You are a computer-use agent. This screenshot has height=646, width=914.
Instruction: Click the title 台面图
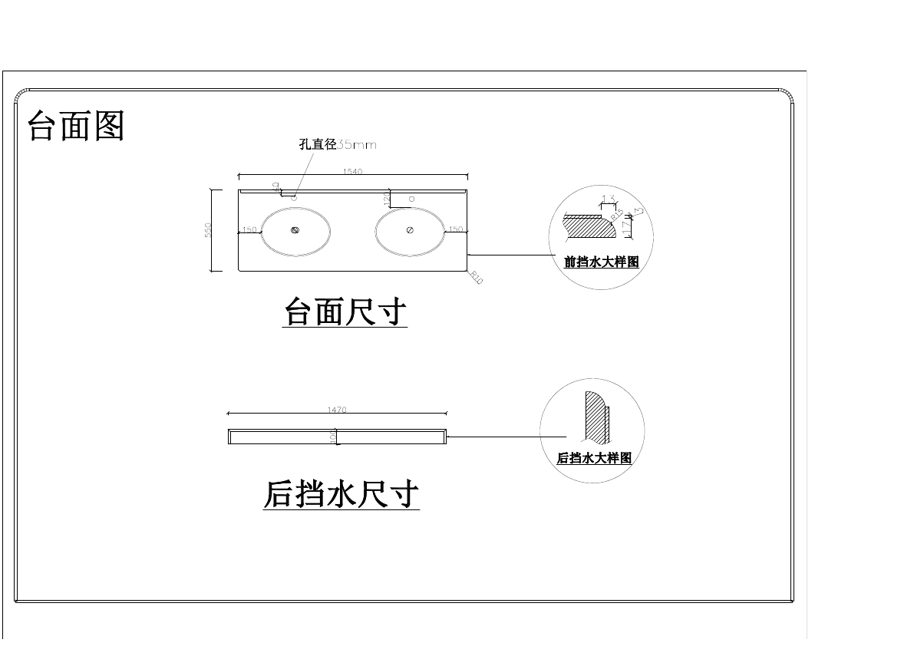(x=75, y=125)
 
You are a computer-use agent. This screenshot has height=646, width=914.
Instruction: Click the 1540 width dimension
(x=352, y=172)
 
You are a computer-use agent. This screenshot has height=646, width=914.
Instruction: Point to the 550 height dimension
(x=208, y=230)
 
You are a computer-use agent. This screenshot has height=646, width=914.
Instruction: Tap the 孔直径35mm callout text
(x=338, y=144)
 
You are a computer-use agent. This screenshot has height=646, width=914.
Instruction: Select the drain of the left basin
(x=295, y=229)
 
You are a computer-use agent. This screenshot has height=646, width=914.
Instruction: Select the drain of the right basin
(x=410, y=229)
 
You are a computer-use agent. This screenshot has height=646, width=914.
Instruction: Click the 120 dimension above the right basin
(x=387, y=198)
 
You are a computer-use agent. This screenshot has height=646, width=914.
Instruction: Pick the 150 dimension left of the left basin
(x=249, y=229)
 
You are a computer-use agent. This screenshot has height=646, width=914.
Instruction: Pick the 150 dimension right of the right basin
(x=456, y=229)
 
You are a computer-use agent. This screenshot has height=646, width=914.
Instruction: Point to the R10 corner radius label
(x=476, y=278)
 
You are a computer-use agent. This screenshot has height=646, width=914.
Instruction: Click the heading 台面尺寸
(x=345, y=312)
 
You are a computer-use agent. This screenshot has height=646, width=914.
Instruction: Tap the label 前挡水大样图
(x=601, y=262)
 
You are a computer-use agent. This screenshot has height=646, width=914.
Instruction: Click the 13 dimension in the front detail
(x=609, y=199)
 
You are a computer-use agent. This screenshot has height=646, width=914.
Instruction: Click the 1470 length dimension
(x=337, y=410)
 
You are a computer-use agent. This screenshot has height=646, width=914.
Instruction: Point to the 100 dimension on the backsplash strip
(x=333, y=436)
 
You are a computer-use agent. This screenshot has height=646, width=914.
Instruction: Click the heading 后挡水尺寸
(x=342, y=494)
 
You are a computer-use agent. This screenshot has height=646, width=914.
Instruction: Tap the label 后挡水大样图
(x=594, y=458)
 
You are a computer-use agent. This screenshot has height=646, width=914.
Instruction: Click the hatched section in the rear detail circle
(x=595, y=418)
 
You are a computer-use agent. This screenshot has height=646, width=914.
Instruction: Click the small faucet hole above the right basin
(x=411, y=198)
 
